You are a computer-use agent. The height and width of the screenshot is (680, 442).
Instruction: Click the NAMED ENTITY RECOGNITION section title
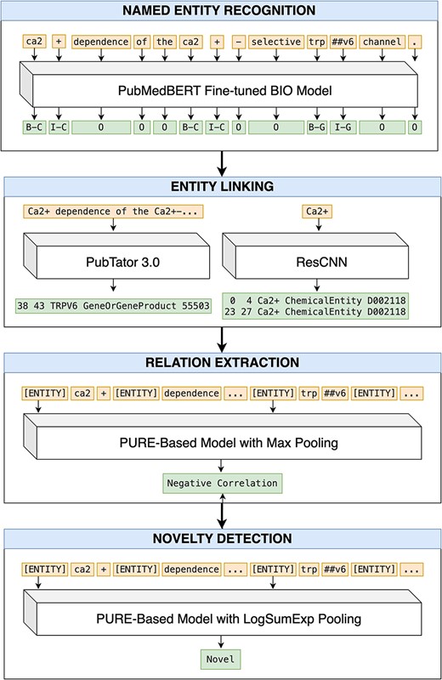221,12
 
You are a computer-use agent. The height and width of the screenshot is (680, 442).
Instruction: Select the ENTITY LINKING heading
221,188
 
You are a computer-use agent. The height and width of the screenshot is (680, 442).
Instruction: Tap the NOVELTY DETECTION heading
221,539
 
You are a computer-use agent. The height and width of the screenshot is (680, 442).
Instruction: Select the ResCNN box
319,263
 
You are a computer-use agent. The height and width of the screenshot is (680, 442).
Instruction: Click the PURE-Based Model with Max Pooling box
221,444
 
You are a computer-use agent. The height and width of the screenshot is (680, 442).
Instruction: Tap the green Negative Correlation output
221,483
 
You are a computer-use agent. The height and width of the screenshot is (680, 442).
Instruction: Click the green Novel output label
221,659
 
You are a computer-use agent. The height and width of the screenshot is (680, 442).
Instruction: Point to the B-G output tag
316,127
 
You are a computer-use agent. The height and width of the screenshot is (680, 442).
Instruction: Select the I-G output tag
342,127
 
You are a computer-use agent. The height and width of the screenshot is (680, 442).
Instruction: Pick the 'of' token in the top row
142,41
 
